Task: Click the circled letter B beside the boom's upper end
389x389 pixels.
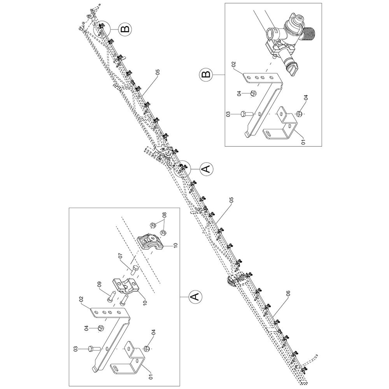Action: [125, 29]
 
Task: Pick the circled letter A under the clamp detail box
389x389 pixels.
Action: [195, 296]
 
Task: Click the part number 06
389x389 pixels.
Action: [288, 294]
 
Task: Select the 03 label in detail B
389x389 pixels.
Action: [228, 114]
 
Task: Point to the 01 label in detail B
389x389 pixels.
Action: [303, 142]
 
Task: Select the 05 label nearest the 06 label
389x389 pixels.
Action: [231, 200]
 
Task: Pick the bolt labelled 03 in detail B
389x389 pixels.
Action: [247, 114]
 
